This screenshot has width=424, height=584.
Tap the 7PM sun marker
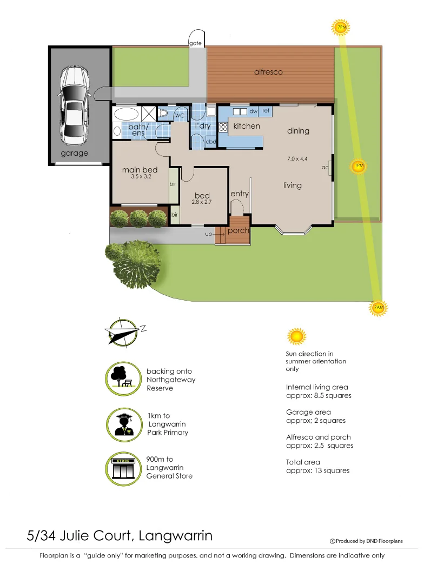pos(341,26)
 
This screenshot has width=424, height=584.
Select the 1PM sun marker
pos(359,166)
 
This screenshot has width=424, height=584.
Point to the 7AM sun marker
pos(379,307)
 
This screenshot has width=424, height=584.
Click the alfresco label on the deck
pos(268,72)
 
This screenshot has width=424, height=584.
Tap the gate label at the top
pos(195,43)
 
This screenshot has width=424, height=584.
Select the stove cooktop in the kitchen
pos(223,128)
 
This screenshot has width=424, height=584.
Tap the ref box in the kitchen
pos(266,111)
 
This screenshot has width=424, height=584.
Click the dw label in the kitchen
pos(253,111)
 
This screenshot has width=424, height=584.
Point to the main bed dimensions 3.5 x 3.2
pos(140,177)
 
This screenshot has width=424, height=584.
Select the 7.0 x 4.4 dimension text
pos(297,159)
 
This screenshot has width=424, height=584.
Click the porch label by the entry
pos(238,230)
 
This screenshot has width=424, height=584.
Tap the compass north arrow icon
pos(123,331)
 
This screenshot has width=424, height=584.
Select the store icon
pos(123,468)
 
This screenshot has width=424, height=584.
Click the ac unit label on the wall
pos(325,168)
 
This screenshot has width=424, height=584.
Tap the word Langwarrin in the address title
pos(176,536)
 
